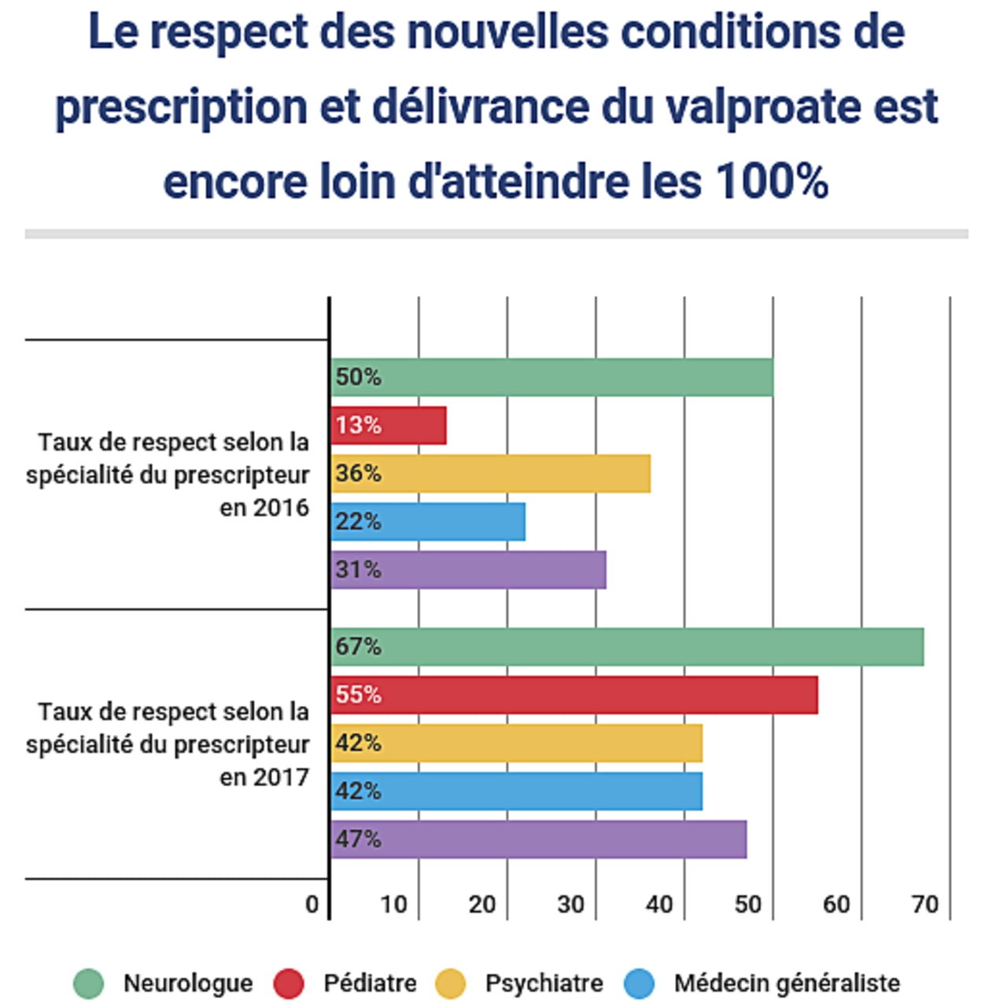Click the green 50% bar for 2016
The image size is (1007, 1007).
(551, 378)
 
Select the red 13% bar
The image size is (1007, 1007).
(389, 426)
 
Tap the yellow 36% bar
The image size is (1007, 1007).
(490, 474)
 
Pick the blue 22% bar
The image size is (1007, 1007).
(428, 522)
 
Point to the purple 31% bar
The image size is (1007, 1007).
(468, 570)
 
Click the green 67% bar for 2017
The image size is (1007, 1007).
(627, 647)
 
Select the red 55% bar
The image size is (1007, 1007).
(574, 695)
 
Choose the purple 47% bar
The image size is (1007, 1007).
(538, 839)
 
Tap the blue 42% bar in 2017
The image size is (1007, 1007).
(516, 791)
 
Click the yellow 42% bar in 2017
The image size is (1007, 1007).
(516, 743)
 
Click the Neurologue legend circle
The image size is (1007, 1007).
(88, 983)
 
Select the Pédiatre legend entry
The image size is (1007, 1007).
(370, 983)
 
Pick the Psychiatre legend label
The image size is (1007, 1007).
(544, 983)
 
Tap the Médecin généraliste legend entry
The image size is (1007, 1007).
(786, 983)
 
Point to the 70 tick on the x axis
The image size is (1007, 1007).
(925, 905)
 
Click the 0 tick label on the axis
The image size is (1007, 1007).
(312, 905)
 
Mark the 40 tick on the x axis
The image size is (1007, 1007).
(659, 905)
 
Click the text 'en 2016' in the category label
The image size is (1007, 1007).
(264, 508)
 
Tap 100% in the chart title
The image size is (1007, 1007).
(772, 182)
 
